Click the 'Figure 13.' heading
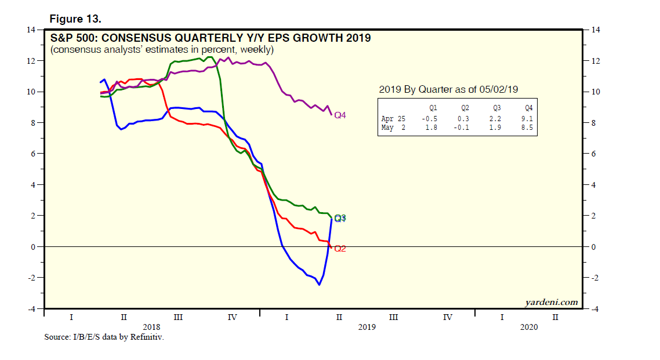click(75, 19)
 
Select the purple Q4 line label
click(340, 115)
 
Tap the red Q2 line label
click(340, 249)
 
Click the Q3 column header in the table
click(497, 108)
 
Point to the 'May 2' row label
click(394, 128)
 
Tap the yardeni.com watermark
click(552, 302)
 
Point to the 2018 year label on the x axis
click(151, 328)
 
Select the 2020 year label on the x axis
click(529, 328)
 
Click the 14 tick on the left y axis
click(32, 30)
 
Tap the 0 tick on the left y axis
click(34, 247)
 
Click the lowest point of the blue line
click(319, 285)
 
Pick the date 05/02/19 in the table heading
click(496, 89)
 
